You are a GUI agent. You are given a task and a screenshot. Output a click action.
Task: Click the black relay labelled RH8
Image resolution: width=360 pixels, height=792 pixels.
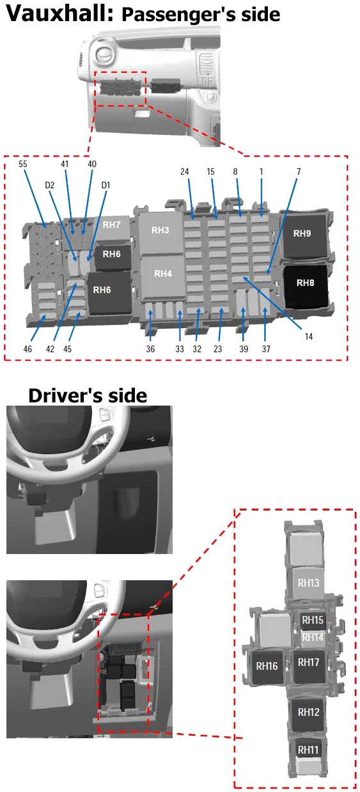306,287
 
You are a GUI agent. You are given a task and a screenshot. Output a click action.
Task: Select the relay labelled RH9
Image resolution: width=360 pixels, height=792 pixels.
304,235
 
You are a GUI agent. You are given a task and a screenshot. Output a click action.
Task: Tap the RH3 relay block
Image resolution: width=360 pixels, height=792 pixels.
160,234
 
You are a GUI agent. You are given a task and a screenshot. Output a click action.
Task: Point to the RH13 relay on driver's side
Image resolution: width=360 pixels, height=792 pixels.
308,583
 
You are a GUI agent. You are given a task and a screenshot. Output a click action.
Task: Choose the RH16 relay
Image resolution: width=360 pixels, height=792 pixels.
267,667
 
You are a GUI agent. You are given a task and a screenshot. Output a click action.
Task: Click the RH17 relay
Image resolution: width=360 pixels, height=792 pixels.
309,666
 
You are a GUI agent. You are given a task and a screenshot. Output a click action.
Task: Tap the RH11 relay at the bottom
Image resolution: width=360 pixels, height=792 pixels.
308,750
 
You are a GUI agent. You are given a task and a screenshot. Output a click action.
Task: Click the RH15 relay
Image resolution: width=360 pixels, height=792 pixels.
312,620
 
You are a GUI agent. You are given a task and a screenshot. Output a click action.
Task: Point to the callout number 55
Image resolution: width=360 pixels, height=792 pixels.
22,164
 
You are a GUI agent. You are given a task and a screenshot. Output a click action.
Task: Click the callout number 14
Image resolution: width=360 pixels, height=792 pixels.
309,337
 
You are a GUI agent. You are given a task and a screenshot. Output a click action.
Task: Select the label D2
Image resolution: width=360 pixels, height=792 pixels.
49,185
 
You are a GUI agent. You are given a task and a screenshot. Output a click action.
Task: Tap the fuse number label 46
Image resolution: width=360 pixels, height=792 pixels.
27,349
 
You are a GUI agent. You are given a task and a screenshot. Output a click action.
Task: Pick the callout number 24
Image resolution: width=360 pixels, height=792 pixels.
184,171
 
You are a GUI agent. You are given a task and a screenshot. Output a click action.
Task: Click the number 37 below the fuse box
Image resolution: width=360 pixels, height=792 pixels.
266,349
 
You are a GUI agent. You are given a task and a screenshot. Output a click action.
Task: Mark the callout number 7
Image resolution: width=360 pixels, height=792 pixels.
299,171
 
